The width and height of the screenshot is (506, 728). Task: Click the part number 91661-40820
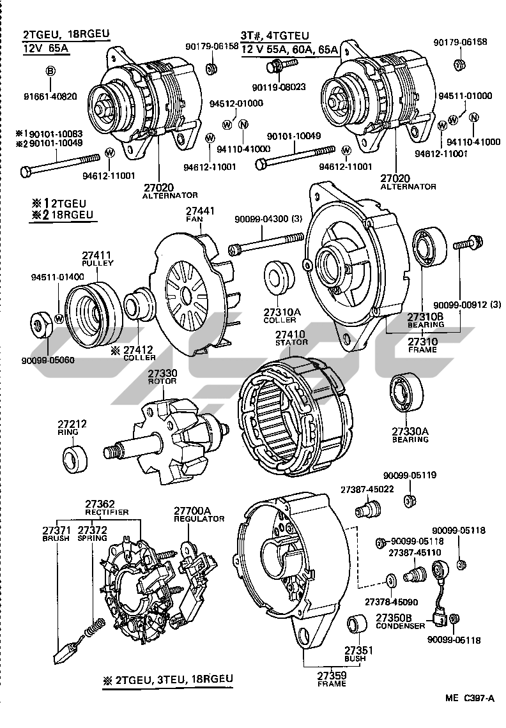click(50, 96)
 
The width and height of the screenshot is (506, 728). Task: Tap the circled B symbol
click(50, 71)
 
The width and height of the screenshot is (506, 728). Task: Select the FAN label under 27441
click(194, 219)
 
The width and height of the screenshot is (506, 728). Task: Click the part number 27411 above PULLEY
click(97, 255)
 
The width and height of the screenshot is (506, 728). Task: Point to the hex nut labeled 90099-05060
click(42, 325)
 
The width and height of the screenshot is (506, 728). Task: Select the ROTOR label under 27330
click(158, 381)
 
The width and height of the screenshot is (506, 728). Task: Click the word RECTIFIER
click(107, 512)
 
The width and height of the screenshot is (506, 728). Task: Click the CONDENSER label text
click(400, 626)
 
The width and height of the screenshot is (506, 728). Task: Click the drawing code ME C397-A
click(470, 697)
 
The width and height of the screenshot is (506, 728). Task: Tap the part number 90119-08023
click(278, 86)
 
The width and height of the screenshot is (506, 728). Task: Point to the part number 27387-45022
click(367, 489)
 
